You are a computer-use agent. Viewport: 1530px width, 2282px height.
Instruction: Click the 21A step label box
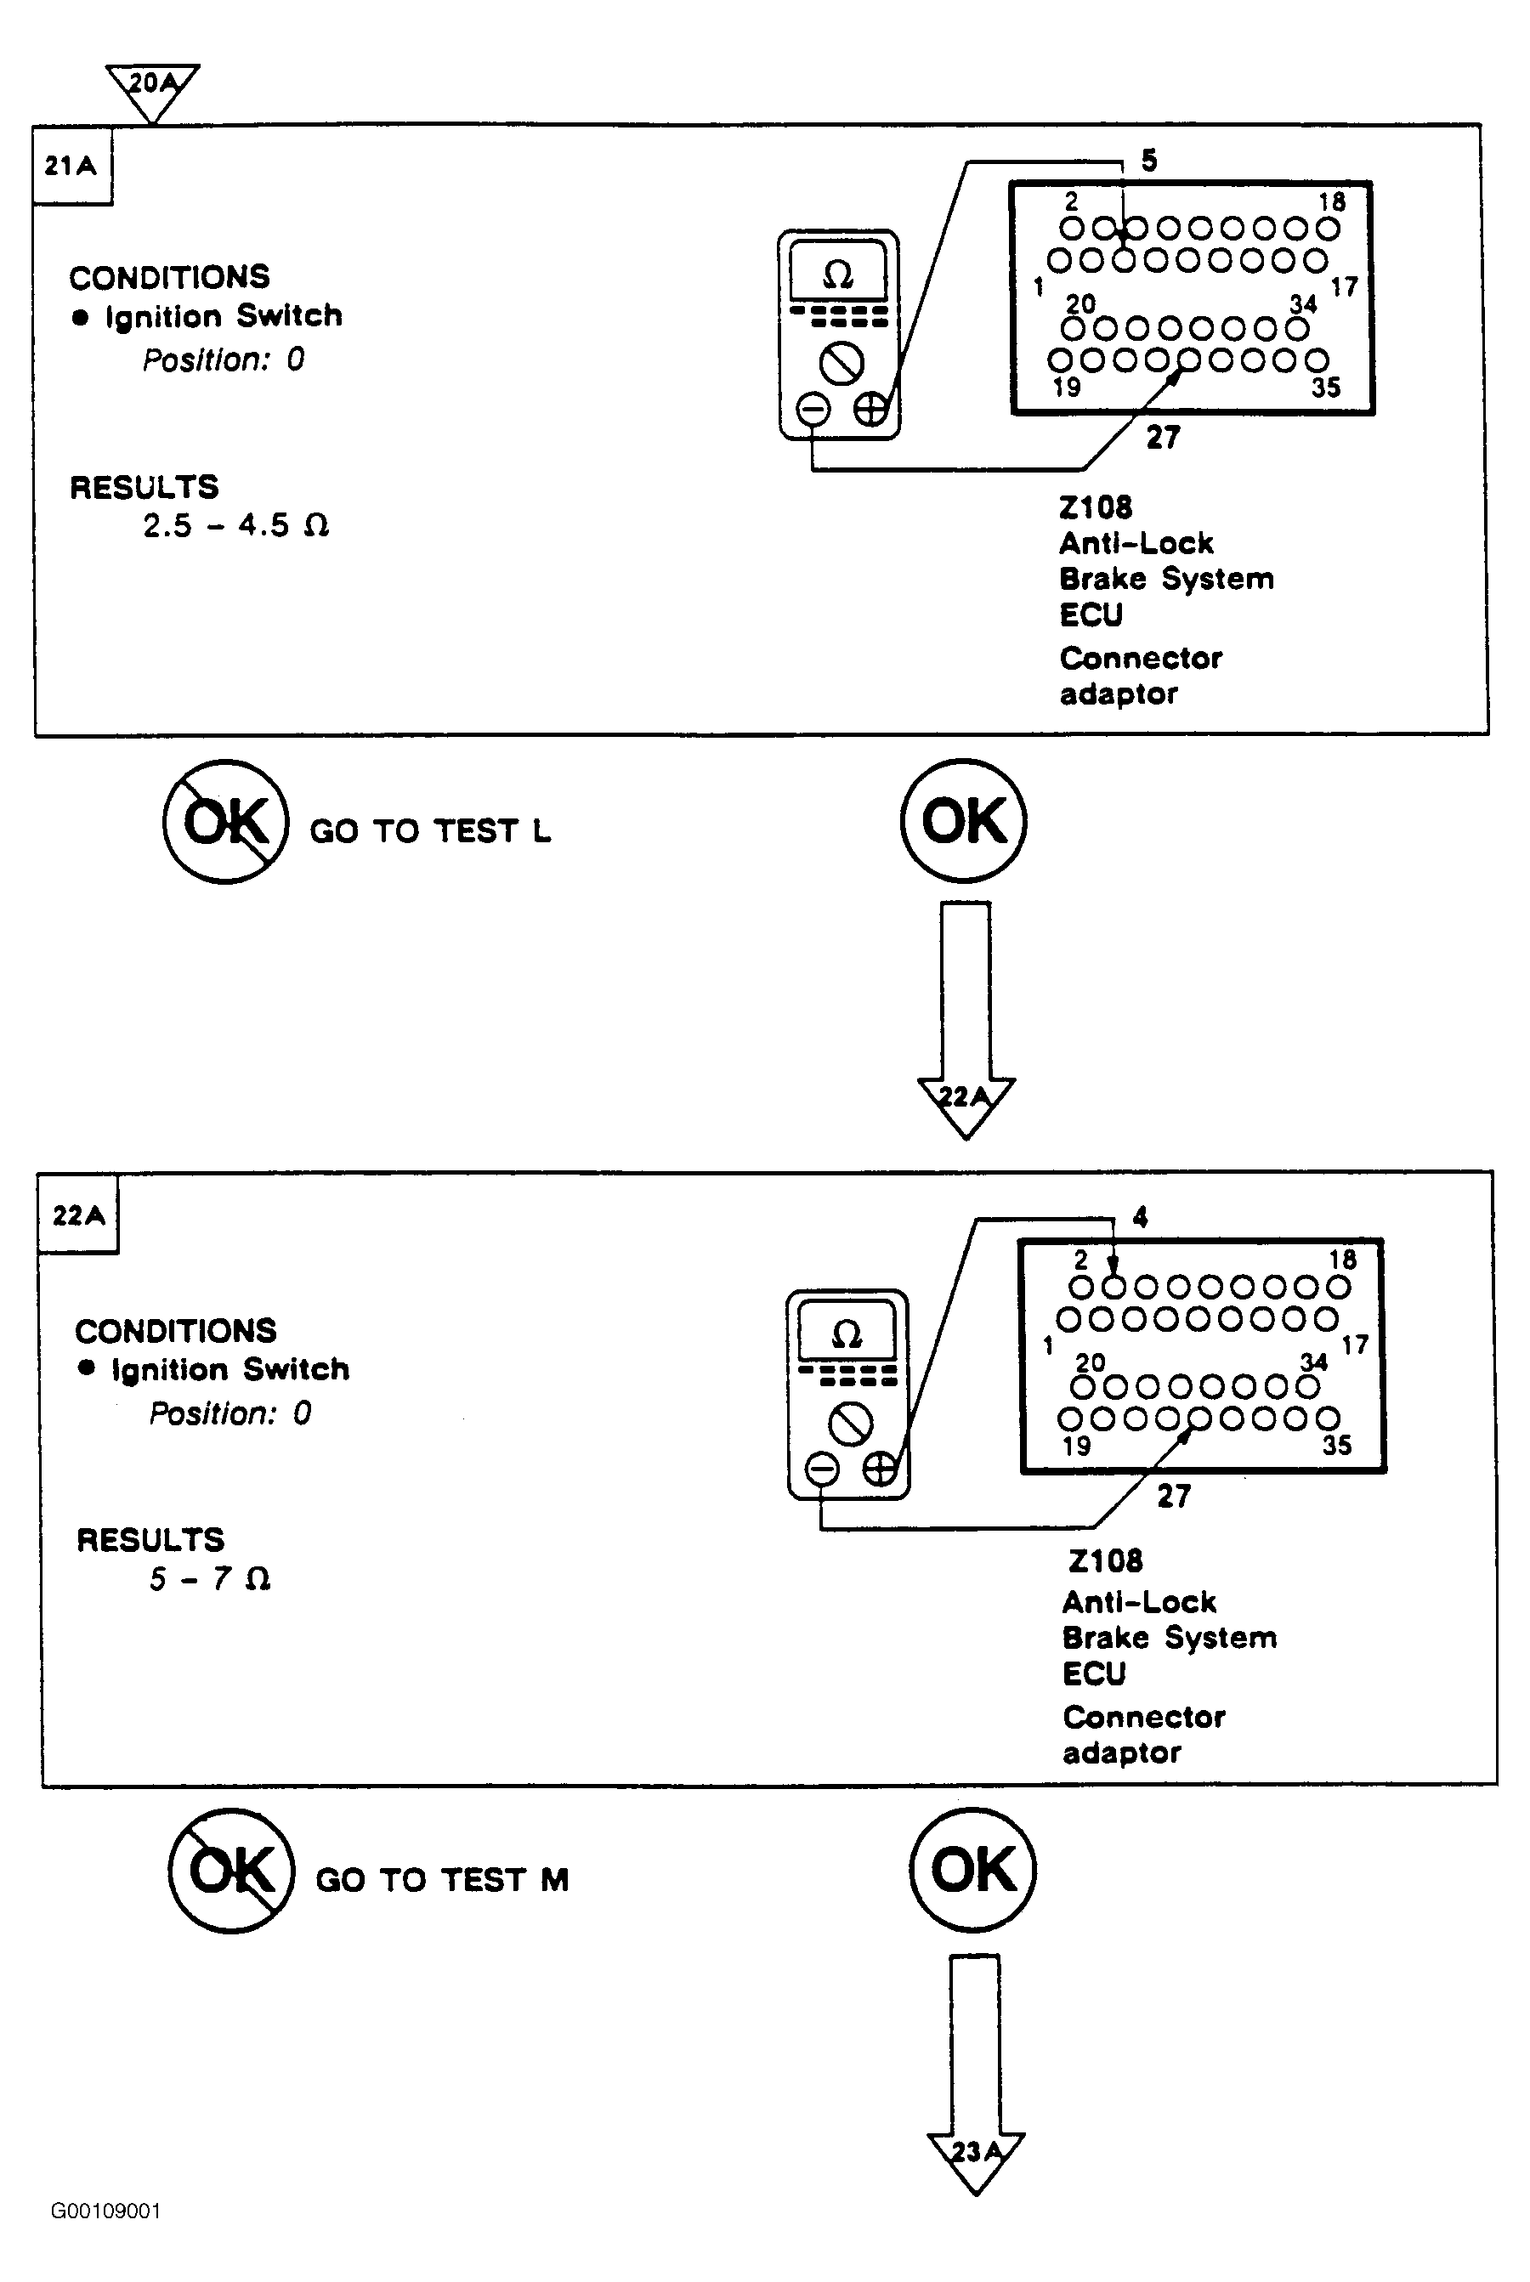(x=72, y=165)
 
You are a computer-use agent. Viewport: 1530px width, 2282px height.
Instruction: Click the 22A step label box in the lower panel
(x=78, y=1214)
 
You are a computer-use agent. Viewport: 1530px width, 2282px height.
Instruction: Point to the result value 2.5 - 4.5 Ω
(x=236, y=526)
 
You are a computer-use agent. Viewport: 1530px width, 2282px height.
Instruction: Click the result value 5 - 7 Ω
(x=210, y=1578)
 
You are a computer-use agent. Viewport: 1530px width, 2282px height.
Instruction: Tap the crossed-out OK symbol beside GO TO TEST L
(x=225, y=822)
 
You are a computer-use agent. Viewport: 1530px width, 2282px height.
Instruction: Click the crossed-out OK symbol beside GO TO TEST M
(x=231, y=1871)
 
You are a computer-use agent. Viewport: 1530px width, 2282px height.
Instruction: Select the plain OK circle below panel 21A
(x=963, y=820)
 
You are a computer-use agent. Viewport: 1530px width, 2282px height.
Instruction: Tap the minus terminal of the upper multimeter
(x=813, y=408)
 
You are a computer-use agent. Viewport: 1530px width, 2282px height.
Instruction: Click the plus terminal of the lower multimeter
(x=880, y=1467)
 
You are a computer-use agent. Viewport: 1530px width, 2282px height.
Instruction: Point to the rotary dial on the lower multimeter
(x=850, y=1425)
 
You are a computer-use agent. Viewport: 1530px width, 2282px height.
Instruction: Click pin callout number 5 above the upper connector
(x=1149, y=161)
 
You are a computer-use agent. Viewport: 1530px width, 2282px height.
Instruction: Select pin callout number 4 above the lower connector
(x=1140, y=1216)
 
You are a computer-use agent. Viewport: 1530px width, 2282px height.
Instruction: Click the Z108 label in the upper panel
(x=1096, y=507)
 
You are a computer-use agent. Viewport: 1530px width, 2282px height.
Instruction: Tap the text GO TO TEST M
(x=442, y=1880)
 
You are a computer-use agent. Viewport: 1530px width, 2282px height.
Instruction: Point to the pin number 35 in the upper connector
(x=1326, y=388)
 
